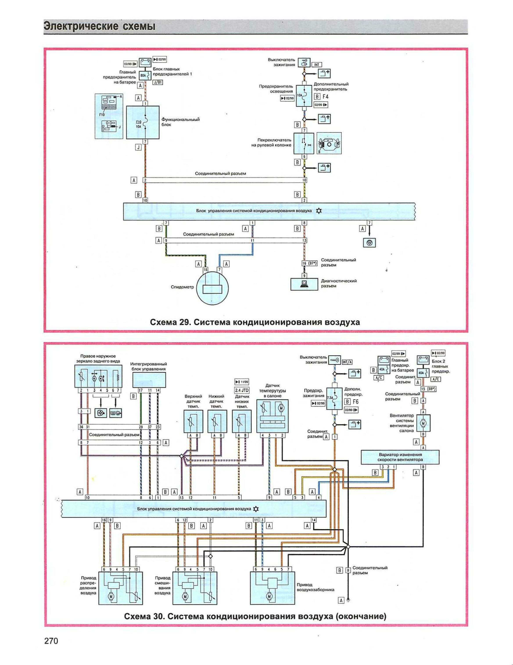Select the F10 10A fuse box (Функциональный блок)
(143, 123)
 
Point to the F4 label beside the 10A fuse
(325, 97)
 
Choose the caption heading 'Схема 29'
(255, 322)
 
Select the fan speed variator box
(400, 457)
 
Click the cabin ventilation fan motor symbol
(423, 423)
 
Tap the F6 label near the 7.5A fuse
(355, 402)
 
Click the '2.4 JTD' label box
(242, 390)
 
